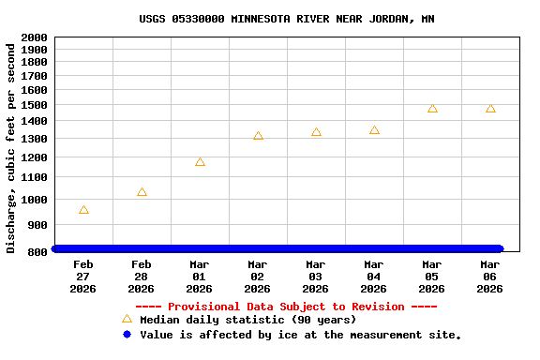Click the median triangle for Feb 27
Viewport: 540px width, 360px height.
point(83,210)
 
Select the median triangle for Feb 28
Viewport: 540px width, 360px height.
point(142,192)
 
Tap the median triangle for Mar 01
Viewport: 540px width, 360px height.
point(200,162)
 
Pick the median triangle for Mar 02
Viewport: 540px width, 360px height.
point(258,136)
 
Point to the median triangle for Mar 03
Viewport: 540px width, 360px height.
point(316,132)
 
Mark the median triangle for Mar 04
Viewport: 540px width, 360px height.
point(374,130)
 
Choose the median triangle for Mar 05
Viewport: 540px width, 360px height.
point(432,108)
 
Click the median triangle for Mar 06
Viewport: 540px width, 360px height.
point(490,108)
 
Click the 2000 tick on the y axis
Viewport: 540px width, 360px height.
point(34,37)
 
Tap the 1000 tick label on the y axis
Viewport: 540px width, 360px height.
point(34,200)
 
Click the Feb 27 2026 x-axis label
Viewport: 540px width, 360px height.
point(83,277)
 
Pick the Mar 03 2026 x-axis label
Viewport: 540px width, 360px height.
point(316,277)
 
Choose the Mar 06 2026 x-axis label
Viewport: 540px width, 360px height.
point(490,277)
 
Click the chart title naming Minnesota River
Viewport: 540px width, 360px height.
point(287,19)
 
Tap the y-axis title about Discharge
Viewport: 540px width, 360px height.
point(11,147)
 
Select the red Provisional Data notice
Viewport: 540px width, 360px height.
point(287,307)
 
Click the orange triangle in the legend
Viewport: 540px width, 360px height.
point(127,319)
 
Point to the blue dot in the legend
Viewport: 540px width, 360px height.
point(127,335)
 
